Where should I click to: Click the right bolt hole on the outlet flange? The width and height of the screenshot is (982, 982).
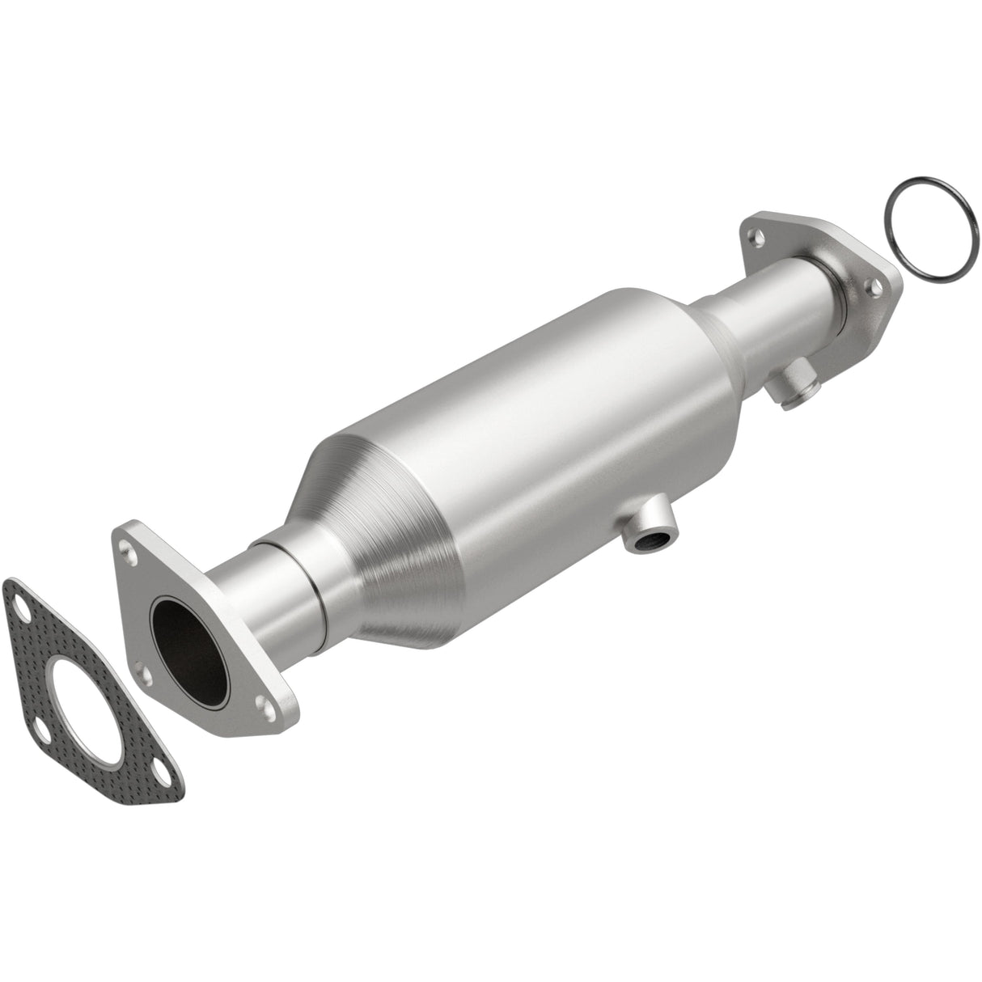(870, 285)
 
